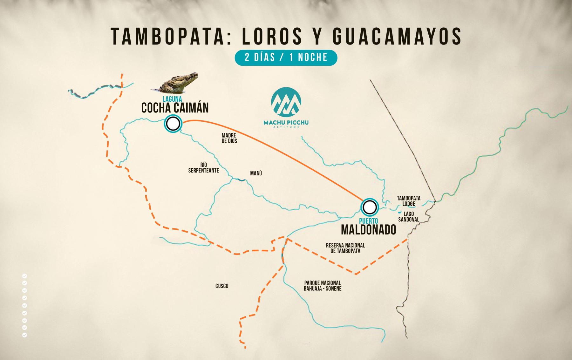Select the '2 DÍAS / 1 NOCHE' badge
pos(286,58)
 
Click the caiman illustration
pos(176,82)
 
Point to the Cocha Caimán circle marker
pos(173,124)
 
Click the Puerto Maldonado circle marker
pos(369,207)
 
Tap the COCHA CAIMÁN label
pos(175,108)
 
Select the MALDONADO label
pos(369,229)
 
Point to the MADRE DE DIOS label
pos(229,138)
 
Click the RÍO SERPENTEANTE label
pos(203,168)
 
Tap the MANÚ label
pos(256,173)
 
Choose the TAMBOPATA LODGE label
pos(409,201)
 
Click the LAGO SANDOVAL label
pos(409,217)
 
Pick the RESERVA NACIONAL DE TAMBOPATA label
pos(345,248)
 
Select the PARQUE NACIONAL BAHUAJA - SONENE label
pos(323,286)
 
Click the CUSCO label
pos(222,286)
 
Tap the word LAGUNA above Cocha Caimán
pos(172,99)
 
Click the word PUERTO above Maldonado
pos(369,221)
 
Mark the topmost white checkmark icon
pos(24,276)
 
